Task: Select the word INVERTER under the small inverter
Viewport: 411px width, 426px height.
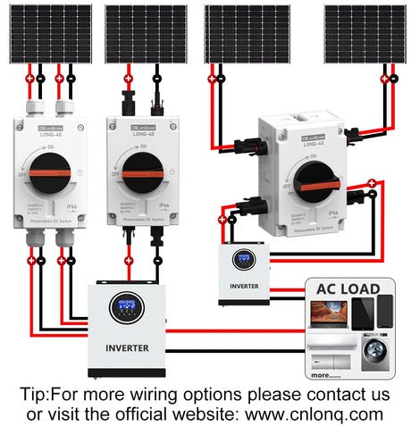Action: [243, 287]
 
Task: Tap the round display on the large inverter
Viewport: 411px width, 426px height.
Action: [126, 307]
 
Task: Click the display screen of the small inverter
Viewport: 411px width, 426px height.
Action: [242, 261]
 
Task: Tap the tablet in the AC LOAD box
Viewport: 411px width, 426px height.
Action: [364, 313]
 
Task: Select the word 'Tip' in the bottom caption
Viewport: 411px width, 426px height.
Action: [34, 394]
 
